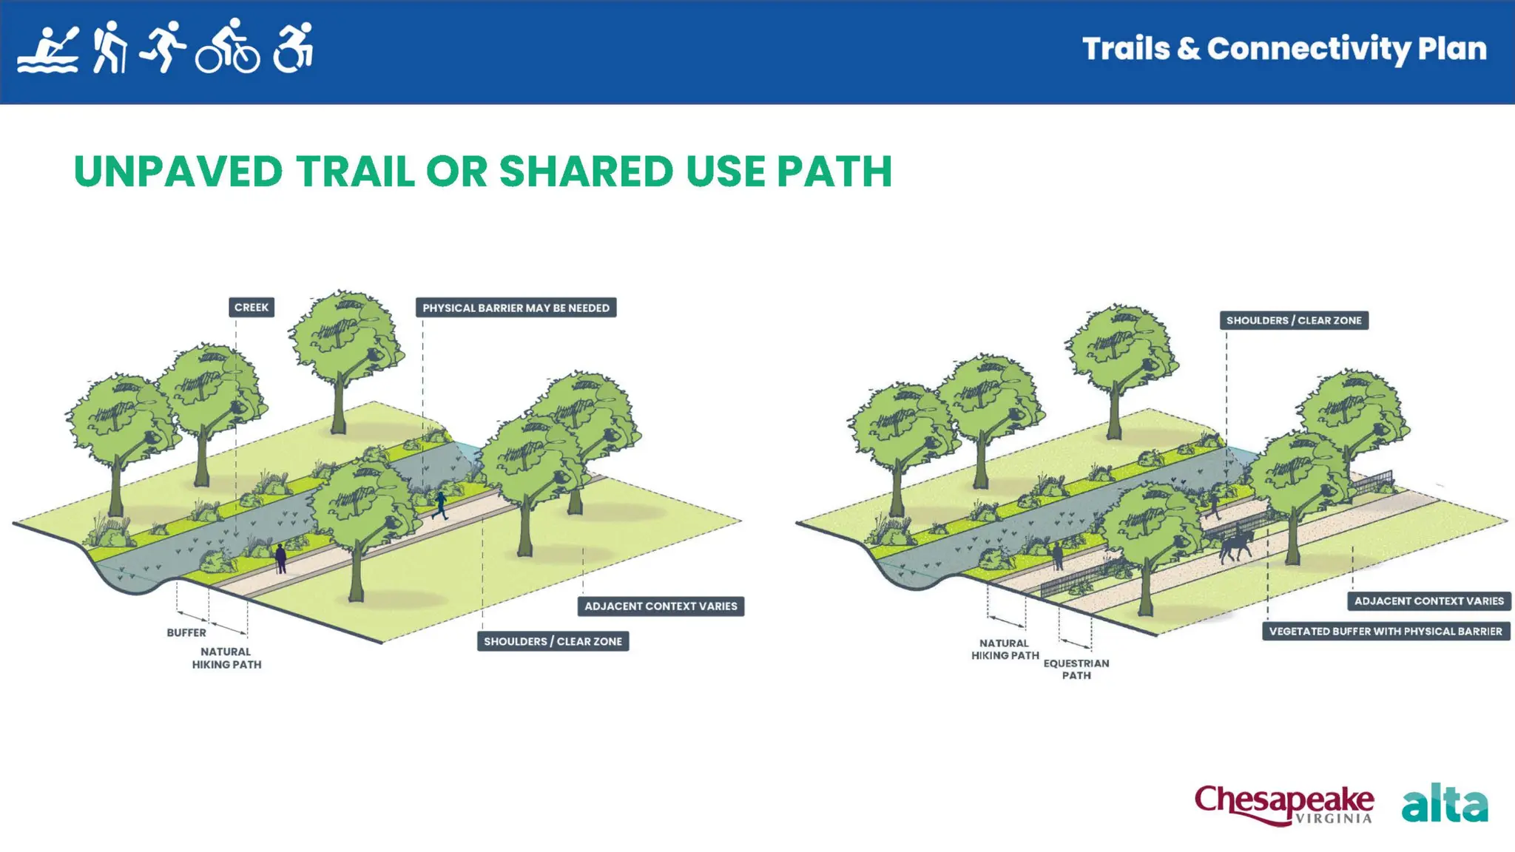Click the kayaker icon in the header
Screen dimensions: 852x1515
[48, 50]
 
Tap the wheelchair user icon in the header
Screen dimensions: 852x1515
[294, 48]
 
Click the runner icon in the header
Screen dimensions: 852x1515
[163, 47]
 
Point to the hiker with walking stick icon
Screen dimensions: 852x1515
[109, 47]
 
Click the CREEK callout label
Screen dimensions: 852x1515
[252, 308]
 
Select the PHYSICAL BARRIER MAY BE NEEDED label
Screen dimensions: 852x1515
[516, 308]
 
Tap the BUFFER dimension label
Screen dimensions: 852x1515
[186, 633]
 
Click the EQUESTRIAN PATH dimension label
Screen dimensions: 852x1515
[1076, 669]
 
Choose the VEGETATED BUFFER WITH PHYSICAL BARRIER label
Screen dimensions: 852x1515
[1386, 632]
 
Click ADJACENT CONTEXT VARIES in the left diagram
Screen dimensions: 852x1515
[661, 606]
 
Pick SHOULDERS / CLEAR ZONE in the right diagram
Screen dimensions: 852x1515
[1294, 321]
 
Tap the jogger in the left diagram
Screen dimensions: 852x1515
[441, 506]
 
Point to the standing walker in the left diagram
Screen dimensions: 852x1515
[281, 558]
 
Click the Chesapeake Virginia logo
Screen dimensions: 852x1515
[1284, 805]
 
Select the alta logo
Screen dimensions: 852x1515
[1444, 804]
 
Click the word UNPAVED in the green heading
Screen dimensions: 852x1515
[178, 172]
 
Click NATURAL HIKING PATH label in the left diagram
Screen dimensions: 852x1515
[226, 658]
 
